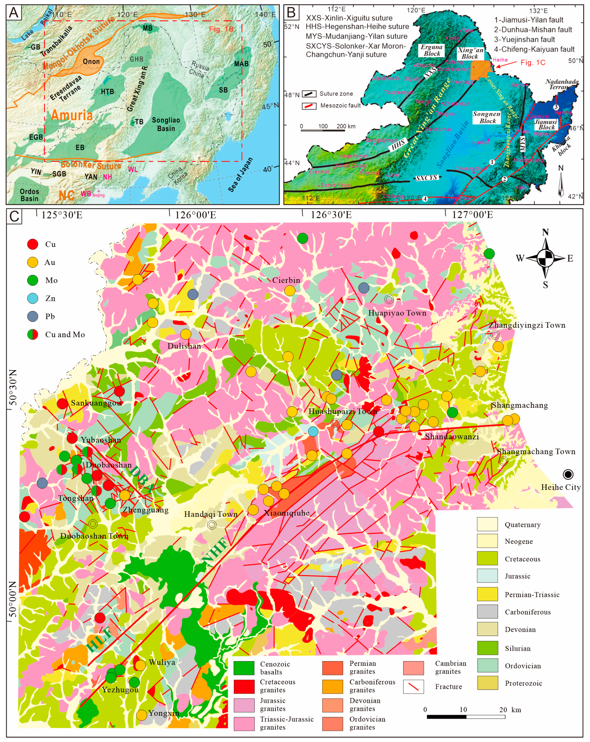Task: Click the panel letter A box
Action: coord(14,13)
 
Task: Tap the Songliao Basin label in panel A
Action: coord(166,124)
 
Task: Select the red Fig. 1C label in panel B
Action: coord(533,62)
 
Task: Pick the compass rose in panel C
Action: coord(545,258)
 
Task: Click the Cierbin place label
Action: coord(286,280)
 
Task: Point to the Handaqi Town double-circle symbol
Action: coord(212,524)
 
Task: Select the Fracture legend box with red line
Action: coord(413,686)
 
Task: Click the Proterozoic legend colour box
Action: coord(487,683)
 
